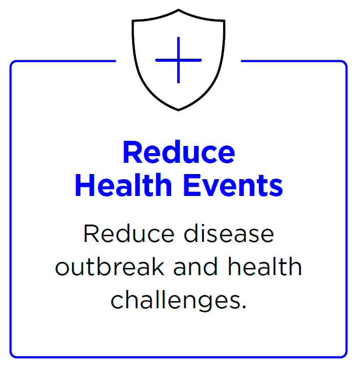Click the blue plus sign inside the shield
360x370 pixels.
tap(178, 60)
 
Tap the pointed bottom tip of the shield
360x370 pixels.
tap(178, 110)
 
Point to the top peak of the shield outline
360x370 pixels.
tap(178, 10)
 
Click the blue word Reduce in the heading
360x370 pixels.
tap(179, 152)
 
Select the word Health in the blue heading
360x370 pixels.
tap(124, 185)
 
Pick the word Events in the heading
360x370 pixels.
tap(233, 185)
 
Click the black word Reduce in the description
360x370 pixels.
tap(129, 233)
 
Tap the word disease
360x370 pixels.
tap(229, 233)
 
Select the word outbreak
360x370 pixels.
tap(110, 266)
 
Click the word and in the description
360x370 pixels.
tap(196, 266)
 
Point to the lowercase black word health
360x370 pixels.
tap(265, 266)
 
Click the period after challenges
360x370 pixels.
tap(244, 307)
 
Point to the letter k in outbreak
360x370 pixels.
tap(157, 266)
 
